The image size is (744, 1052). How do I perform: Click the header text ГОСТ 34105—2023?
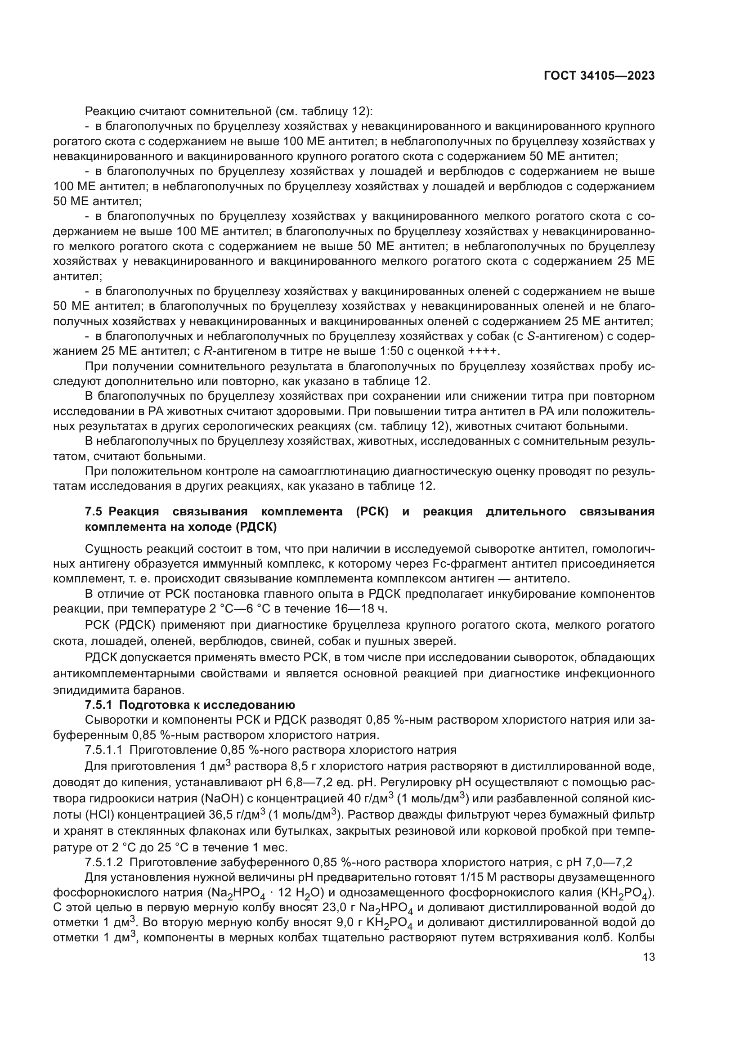(599, 76)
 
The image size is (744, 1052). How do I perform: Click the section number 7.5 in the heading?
(94, 512)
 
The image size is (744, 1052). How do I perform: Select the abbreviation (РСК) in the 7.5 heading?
(372, 512)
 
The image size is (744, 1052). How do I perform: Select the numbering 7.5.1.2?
(103, 862)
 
